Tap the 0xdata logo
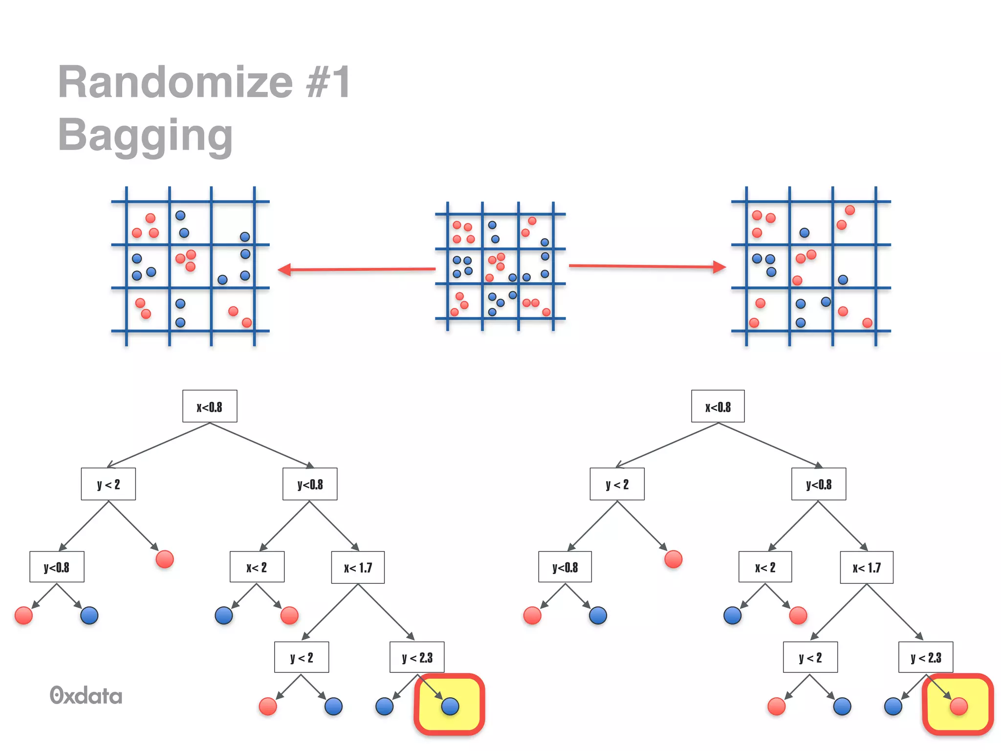[86, 695]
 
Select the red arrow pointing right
[647, 266]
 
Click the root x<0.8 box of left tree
[210, 406]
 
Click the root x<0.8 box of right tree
[718, 406]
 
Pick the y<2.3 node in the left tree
[417, 658]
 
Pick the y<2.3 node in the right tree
[926, 658]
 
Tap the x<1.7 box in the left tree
[358, 568]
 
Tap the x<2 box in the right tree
[765, 568]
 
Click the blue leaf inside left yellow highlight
[450, 706]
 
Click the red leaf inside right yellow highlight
[958, 706]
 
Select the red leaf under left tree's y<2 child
[165, 559]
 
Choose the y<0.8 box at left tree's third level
[57, 567]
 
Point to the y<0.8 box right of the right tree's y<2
[819, 484]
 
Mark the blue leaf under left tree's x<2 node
[224, 615]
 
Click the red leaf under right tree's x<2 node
[798, 615]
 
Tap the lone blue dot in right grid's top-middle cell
[804, 233]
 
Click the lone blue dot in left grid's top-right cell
[245, 237]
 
